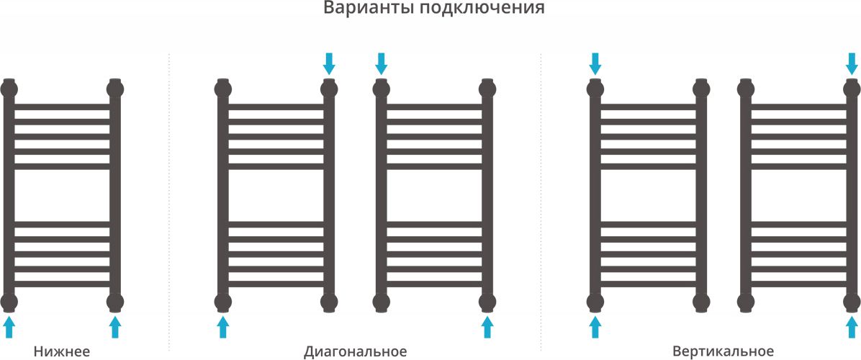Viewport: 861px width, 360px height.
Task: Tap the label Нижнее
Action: pos(61,351)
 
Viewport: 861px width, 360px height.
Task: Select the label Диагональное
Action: pos(356,351)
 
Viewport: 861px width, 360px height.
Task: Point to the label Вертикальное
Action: pos(723,351)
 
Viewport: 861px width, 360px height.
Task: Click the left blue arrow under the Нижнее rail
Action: pos(9,327)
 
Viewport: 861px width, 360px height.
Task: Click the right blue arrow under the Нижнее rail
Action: pos(114,327)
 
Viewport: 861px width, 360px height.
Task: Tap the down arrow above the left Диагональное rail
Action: pos(329,63)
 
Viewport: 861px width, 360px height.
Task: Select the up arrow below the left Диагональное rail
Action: pos(222,327)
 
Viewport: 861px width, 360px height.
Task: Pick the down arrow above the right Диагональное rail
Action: pos(381,63)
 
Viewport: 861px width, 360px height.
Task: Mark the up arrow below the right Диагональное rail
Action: pos(487,327)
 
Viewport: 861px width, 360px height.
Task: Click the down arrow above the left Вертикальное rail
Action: pos(595,63)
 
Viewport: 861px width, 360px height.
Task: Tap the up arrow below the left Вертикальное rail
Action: pos(595,327)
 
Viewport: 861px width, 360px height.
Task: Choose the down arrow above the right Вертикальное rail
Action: pos(852,63)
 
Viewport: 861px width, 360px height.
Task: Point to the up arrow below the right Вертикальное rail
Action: pos(852,327)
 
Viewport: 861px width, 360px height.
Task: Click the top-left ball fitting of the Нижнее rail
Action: pos(9,88)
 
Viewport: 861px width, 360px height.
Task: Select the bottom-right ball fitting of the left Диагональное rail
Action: pos(329,302)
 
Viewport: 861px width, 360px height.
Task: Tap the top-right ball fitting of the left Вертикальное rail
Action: pos(701,88)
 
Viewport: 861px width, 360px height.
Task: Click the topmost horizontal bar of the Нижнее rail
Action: pos(62,107)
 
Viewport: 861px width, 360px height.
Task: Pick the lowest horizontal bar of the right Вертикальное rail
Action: pos(799,284)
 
